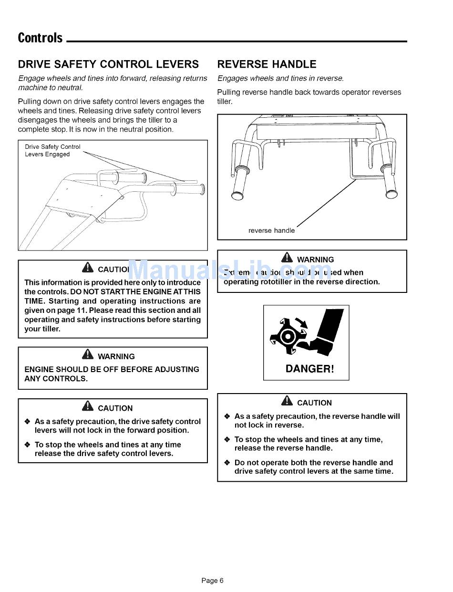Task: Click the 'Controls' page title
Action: [40, 38]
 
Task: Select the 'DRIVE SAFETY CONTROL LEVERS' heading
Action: [108, 64]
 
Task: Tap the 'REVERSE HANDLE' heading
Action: [267, 64]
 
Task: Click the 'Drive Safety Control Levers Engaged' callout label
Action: [52, 151]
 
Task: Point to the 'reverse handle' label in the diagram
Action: [271, 230]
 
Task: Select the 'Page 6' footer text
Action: [212, 581]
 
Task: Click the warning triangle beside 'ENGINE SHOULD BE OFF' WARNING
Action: [87, 355]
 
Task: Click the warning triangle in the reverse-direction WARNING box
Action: [287, 258]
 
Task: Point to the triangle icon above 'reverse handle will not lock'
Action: [287, 401]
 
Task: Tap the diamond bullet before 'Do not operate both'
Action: [227, 463]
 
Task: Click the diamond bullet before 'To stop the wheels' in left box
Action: [27, 445]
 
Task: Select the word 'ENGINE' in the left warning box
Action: [39, 369]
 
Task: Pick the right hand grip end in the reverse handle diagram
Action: [392, 194]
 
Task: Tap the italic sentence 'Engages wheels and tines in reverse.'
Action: [280, 78]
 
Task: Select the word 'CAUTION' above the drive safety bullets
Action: [115, 408]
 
